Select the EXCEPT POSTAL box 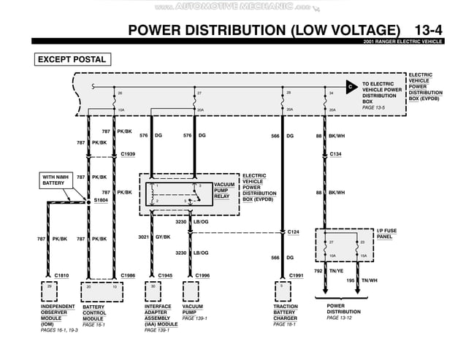tap(71, 60)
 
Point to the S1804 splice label tap(101, 199)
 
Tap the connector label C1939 tap(128, 154)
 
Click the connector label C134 tap(336, 154)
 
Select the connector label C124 tap(294, 232)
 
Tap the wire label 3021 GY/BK tap(154, 237)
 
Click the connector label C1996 tap(202, 275)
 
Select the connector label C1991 tap(296, 275)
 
